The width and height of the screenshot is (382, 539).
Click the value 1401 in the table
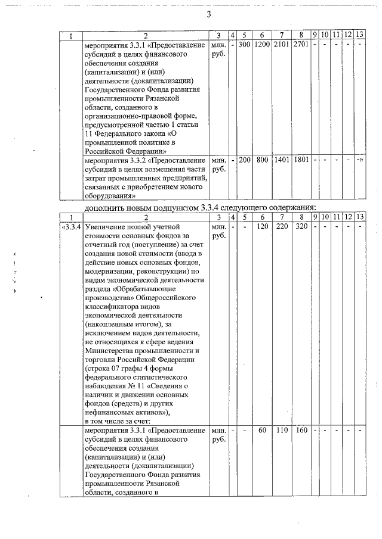click(x=281, y=160)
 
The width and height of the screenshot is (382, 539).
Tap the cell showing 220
click(x=281, y=227)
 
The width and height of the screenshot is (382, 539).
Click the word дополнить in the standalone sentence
click(x=104, y=207)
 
